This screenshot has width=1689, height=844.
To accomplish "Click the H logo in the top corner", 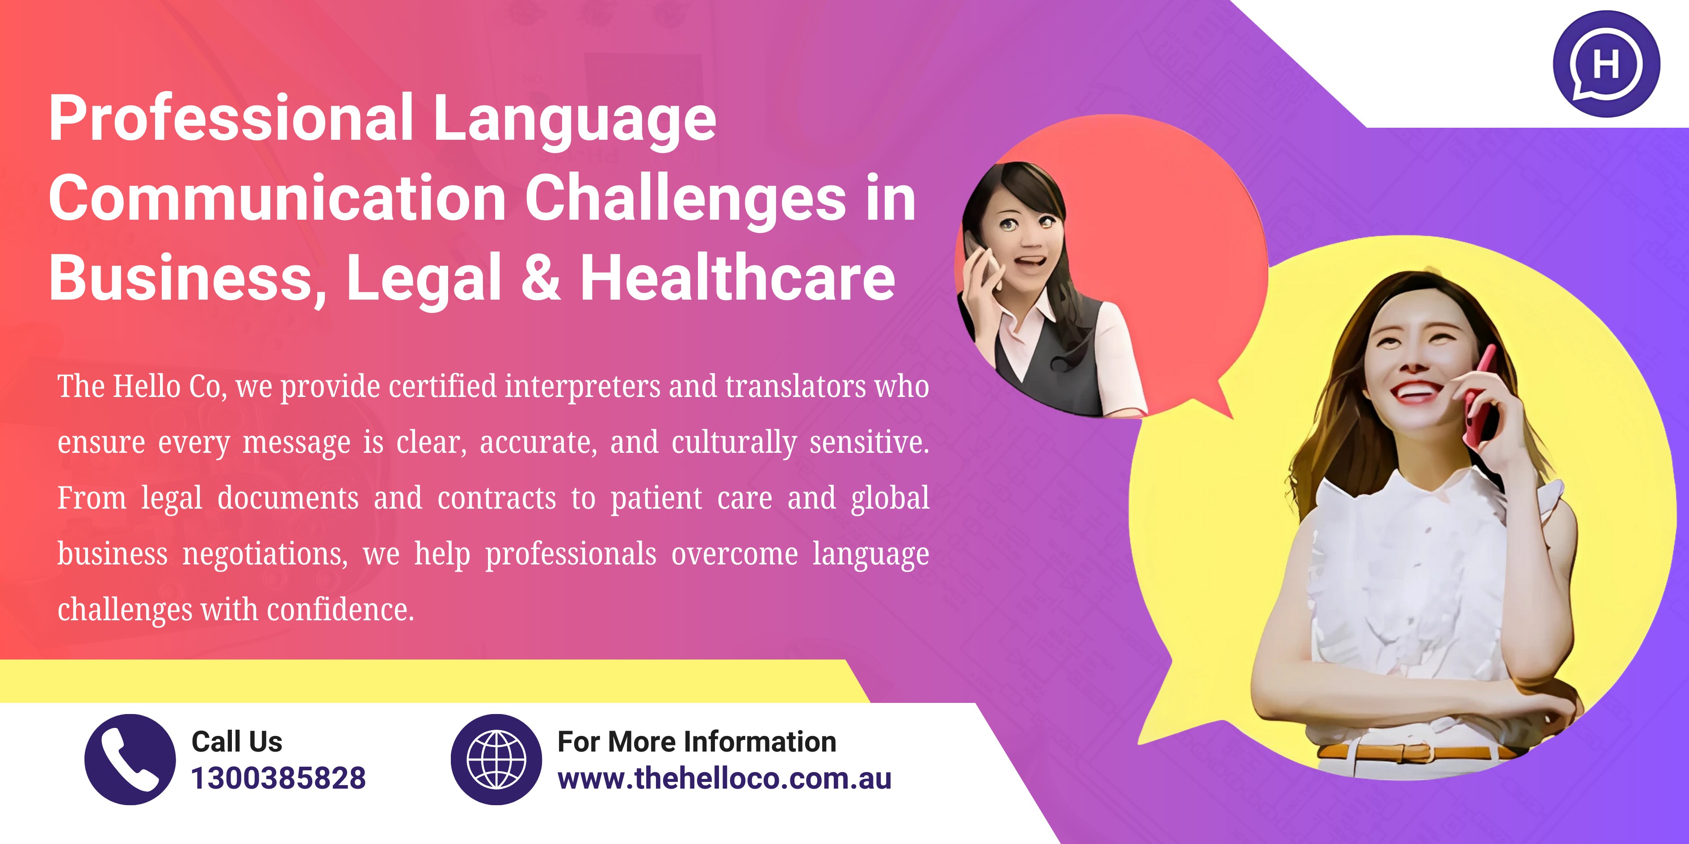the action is point(1606,63).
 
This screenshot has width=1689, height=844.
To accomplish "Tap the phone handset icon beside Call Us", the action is point(130,760).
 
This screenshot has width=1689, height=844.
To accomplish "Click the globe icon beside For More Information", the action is point(496,760).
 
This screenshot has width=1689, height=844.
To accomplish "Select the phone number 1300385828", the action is point(278,778).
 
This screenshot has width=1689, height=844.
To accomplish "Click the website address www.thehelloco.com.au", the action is point(724,778).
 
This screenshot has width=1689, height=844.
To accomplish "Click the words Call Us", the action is point(237,742).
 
